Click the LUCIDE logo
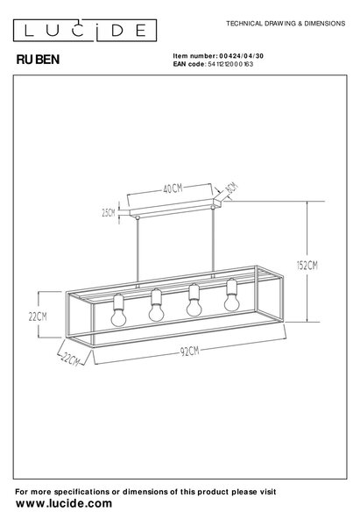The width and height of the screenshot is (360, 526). click(x=85, y=30)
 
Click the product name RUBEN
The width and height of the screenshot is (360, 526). click(x=38, y=60)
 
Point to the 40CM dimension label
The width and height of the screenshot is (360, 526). click(x=173, y=188)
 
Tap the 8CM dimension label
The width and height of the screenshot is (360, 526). click(x=231, y=187)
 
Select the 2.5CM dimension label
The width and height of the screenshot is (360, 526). click(x=109, y=213)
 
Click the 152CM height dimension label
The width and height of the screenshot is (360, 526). click(x=307, y=266)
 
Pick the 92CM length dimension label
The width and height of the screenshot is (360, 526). click(x=189, y=351)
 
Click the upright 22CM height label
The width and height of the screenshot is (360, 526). click(x=38, y=316)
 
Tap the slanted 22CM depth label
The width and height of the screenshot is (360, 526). click(x=70, y=359)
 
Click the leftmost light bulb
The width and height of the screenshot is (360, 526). click(x=118, y=310)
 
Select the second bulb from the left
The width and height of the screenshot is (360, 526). click(x=156, y=305)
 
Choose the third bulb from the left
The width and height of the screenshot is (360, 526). click(x=194, y=300)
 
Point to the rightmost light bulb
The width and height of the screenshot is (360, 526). click(x=232, y=295)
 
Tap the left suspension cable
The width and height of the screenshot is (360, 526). click(x=137, y=251)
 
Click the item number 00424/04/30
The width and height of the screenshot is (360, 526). click(x=241, y=56)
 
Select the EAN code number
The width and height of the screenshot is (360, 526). click(x=230, y=64)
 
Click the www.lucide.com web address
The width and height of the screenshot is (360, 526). click(x=64, y=503)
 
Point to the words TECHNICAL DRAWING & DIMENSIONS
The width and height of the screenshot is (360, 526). click(x=286, y=24)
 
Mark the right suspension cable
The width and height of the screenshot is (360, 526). click(x=213, y=243)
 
